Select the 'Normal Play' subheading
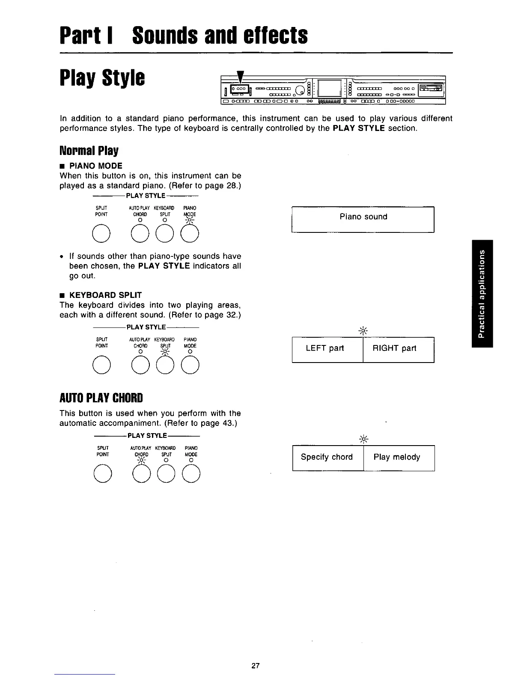(x=89, y=151)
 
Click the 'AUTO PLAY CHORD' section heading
(x=101, y=398)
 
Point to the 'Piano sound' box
(x=363, y=219)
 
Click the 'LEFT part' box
(x=327, y=350)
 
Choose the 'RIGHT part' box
(x=398, y=350)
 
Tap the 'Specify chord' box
(x=328, y=458)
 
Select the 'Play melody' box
(x=399, y=458)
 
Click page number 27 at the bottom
(x=256, y=666)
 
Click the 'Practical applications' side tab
(x=482, y=293)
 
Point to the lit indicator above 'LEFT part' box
(x=363, y=330)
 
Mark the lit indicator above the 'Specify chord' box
(x=363, y=439)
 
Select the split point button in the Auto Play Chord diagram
(x=102, y=473)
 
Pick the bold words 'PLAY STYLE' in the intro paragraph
(x=359, y=128)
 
